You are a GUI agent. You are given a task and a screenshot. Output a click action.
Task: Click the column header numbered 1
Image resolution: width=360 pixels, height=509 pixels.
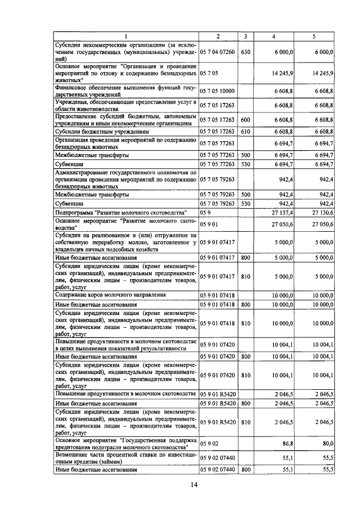pos(126,37)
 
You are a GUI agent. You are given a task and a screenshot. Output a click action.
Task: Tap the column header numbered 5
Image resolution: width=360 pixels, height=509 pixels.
pos(314,37)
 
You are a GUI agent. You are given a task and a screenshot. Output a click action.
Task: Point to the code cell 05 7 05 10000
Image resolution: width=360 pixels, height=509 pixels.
pos(218,91)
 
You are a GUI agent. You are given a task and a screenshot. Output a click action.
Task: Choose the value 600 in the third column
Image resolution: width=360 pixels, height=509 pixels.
pos(245,119)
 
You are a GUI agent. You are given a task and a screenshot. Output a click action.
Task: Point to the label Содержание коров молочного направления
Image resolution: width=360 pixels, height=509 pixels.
pos(110,295)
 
